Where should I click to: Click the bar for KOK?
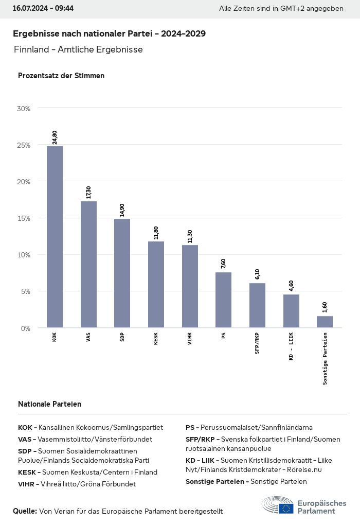pos(55,237)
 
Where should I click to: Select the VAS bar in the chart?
pos(88,264)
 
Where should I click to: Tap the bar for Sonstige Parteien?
pos(325,322)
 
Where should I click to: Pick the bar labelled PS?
pos(223,300)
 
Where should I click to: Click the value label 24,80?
pos(55,137)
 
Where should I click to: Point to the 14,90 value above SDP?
pos(122,210)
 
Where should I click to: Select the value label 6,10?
pos(257,274)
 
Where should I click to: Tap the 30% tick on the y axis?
pos(24,109)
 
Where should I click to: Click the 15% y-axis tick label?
pos(24,218)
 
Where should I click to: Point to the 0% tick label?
pos(25,328)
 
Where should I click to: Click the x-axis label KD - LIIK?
pos(291,346)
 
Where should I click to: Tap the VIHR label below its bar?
pos(190,339)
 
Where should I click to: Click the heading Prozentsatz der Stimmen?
pos(61,76)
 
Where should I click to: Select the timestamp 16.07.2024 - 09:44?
pos(43,9)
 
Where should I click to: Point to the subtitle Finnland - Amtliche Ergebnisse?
pos(78,49)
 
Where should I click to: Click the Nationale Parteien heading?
pos(49,404)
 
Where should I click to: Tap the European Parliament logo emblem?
pos(278,505)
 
